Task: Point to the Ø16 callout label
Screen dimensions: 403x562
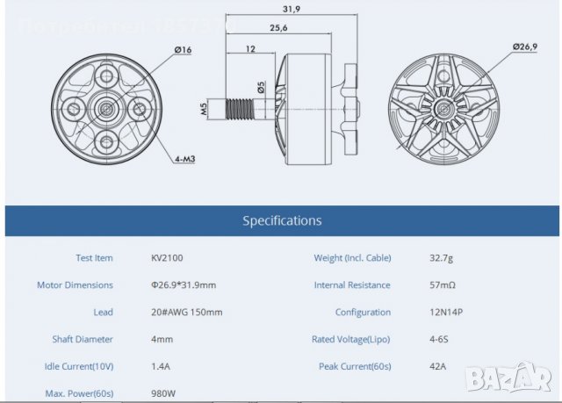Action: [184, 50]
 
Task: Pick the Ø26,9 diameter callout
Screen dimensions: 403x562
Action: [524, 46]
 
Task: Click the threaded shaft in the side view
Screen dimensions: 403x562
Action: [241, 110]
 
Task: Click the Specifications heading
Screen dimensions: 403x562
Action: [282, 220]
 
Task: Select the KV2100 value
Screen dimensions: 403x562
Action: [167, 258]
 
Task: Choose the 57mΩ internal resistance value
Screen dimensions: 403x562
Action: [417, 285]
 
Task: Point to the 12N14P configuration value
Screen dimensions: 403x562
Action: [422, 312]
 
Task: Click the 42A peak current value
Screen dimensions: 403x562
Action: [412, 365]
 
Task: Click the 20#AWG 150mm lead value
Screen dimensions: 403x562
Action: [187, 312]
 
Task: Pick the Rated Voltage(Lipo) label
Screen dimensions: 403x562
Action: [351, 339]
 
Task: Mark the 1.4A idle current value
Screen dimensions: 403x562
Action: [162, 365]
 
